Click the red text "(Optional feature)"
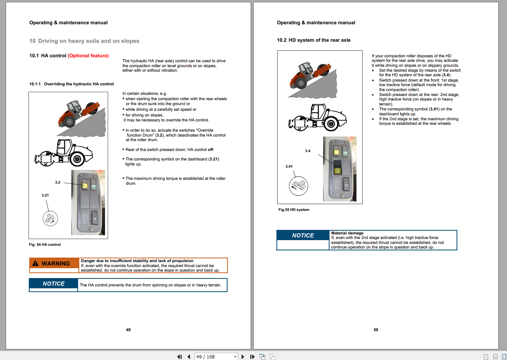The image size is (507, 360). [88, 56]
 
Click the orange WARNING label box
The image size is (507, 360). [55, 264]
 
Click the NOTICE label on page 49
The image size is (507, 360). [53, 284]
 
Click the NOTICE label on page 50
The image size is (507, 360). [303, 236]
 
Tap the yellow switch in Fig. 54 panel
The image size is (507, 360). [84, 186]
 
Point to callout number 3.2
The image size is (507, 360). [57, 182]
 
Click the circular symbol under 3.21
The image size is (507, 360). [50, 219]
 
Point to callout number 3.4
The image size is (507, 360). [308, 151]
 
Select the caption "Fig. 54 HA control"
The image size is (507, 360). [45, 245]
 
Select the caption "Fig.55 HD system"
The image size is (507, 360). [294, 210]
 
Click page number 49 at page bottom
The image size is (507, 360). [128, 330]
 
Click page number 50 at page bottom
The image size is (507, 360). [376, 330]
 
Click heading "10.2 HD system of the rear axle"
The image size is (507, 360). [314, 40]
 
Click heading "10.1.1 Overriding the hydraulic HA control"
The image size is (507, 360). [72, 84]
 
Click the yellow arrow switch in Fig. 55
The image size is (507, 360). [337, 171]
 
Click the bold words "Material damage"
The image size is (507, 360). [347, 233]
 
